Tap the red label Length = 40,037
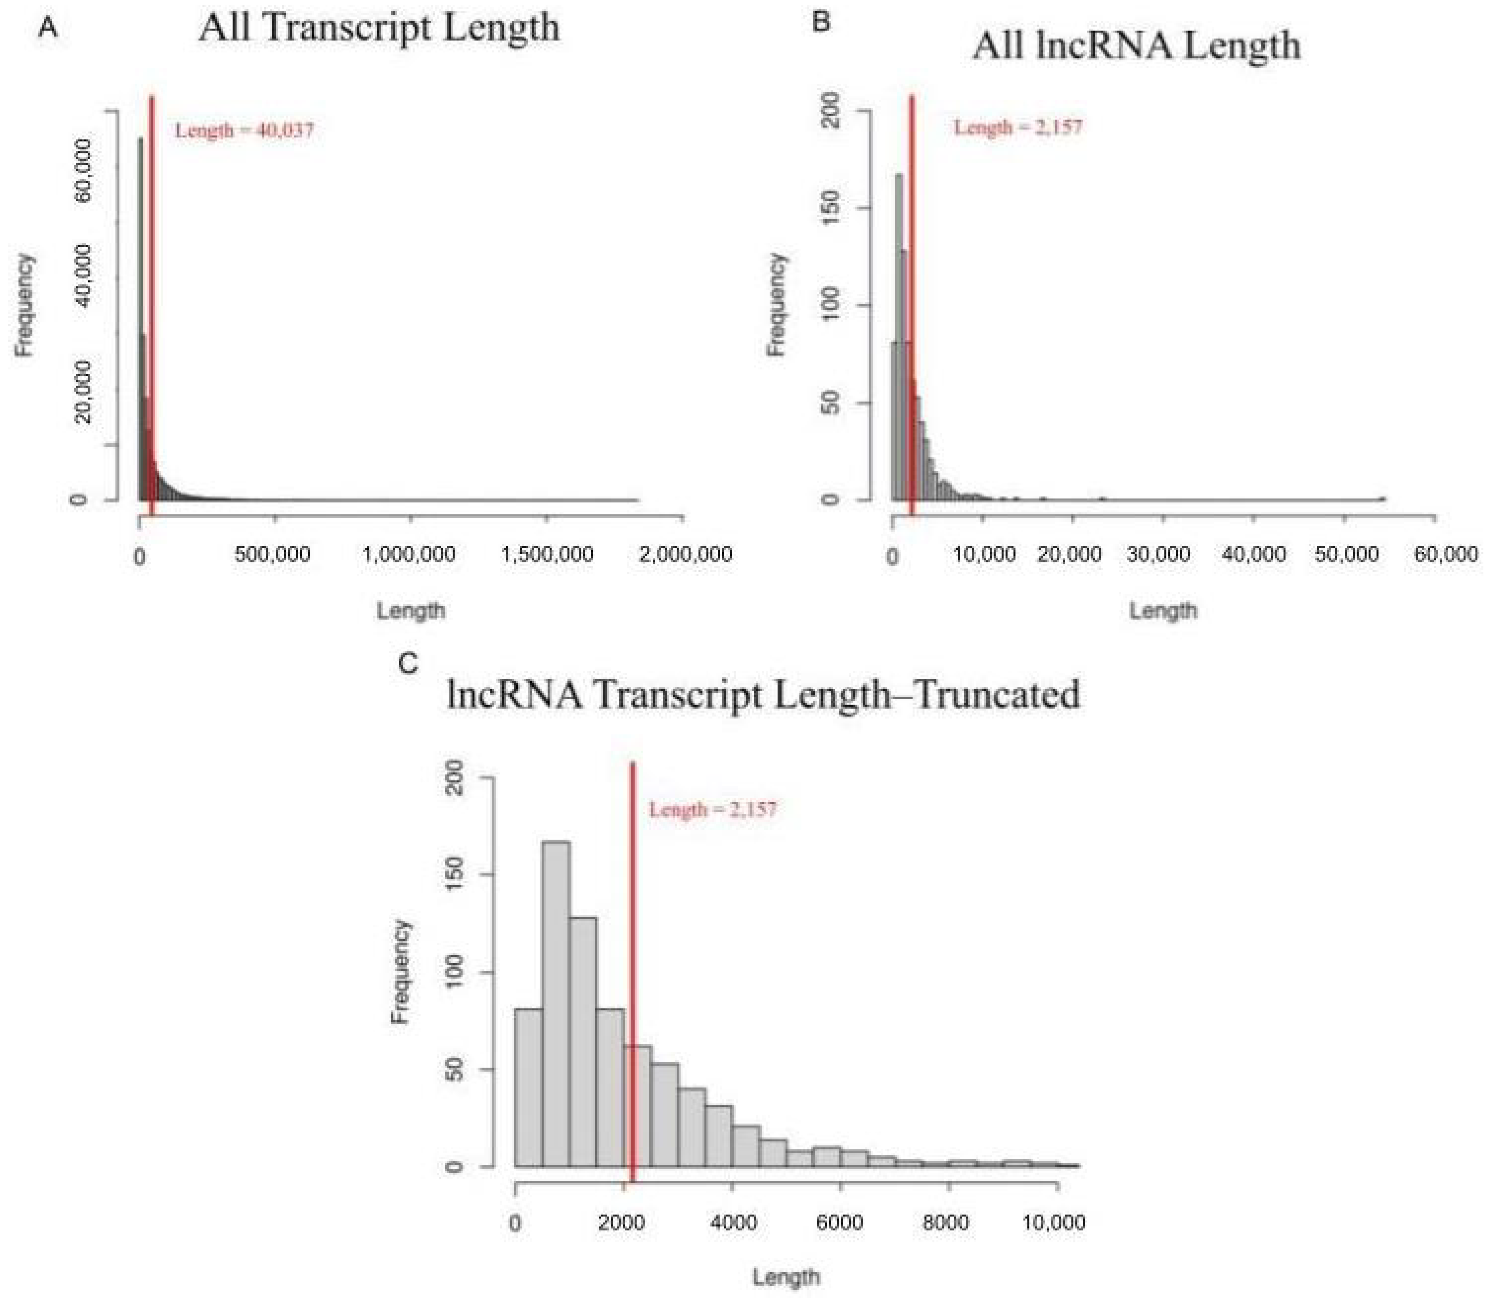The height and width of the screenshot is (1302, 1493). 244,131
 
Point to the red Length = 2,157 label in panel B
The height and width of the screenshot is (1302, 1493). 1017,128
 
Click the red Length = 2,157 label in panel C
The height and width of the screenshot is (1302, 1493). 712,809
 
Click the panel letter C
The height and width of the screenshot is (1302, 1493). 409,663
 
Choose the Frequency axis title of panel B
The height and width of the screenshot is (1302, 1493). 777,305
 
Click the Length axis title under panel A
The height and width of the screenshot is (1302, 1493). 410,610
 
